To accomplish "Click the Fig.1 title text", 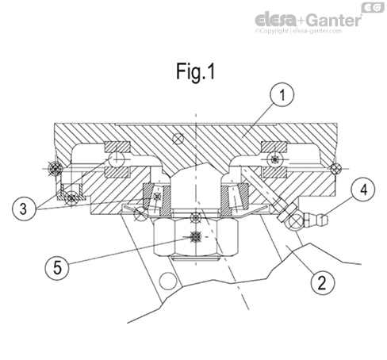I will click(x=194, y=71).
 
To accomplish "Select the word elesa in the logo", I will click(x=275, y=19).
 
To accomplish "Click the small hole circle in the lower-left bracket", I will click(x=166, y=282).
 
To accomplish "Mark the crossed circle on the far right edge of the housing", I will click(x=336, y=167).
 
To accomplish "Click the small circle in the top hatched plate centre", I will click(x=181, y=140).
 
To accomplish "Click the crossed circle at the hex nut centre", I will click(x=193, y=238).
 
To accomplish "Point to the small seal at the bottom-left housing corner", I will click(x=72, y=195).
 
